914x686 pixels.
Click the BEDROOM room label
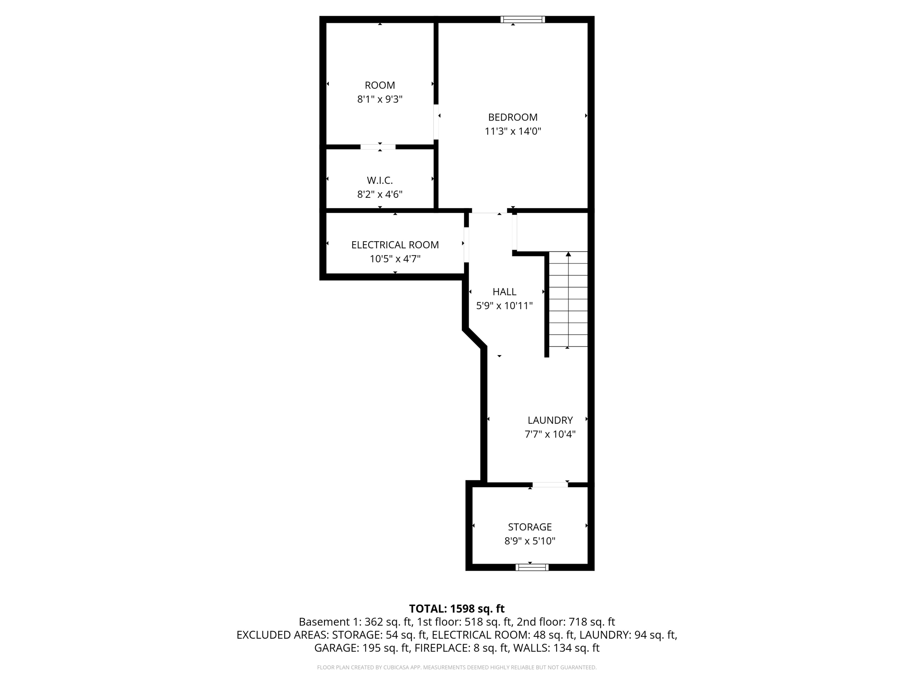pyautogui.click(x=512, y=117)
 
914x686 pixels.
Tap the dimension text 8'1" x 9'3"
pyautogui.click(x=380, y=99)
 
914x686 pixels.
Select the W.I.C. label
pyautogui.click(x=380, y=180)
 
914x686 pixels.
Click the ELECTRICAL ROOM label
pyautogui.click(x=395, y=245)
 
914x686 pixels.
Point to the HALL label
pyautogui.click(x=504, y=292)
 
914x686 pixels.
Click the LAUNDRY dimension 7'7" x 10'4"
pyautogui.click(x=550, y=434)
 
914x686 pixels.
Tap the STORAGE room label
pyautogui.click(x=530, y=527)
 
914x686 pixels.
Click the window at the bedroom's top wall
pyautogui.click(x=523, y=19)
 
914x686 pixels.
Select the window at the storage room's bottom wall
pyautogui.click(x=532, y=567)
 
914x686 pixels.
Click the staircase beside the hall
pyautogui.click(x=568, y=299)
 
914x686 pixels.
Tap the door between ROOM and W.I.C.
pyautogui.click(x=378, y=146)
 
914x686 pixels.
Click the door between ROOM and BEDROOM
pyautogui.click(x=436, y=122)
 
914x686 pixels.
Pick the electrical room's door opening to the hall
pyautogui.click(x=466, y=245)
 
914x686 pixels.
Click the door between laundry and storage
pyautogui.click(x=550, y=485)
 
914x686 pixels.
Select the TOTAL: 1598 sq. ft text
pyautogui.click(x=457, y=608)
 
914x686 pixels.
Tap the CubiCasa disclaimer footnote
pyautogui.click(x=457, y=667)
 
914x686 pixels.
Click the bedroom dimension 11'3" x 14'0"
pyautogui.click(x=513, y=131)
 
